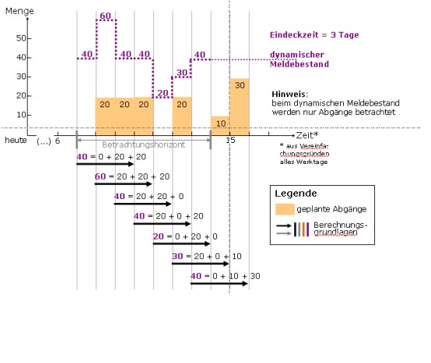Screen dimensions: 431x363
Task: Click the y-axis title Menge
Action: [19, 11]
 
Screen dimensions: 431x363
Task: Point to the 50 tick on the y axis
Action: [21, 38]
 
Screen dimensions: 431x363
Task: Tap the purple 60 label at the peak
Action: [106, 16]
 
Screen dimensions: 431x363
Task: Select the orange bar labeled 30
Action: [240, 106]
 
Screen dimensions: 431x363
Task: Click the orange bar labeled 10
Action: [220, 126]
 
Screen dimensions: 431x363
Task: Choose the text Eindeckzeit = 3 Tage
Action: [314, 35]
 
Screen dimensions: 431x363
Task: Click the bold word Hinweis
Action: [289, 94]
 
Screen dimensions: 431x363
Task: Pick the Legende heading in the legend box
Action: [296, 194]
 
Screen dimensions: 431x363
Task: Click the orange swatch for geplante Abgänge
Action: [285, 209]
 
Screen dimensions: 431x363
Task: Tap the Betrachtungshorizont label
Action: [143, 145]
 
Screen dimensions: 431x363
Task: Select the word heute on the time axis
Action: [16, 141]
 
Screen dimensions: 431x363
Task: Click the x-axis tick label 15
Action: [230, 141]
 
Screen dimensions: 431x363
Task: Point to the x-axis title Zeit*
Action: [307, 135]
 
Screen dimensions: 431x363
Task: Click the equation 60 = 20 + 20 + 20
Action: [132, 176]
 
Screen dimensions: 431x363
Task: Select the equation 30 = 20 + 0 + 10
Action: [207, 257]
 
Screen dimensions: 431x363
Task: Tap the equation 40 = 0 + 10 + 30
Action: [226, 276]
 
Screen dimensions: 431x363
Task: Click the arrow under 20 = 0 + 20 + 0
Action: [181, 243]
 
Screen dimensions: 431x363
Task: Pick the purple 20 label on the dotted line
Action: [163, 93]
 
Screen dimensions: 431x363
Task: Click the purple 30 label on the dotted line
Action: [182, 73]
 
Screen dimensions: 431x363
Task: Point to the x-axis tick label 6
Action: [58, 141]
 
